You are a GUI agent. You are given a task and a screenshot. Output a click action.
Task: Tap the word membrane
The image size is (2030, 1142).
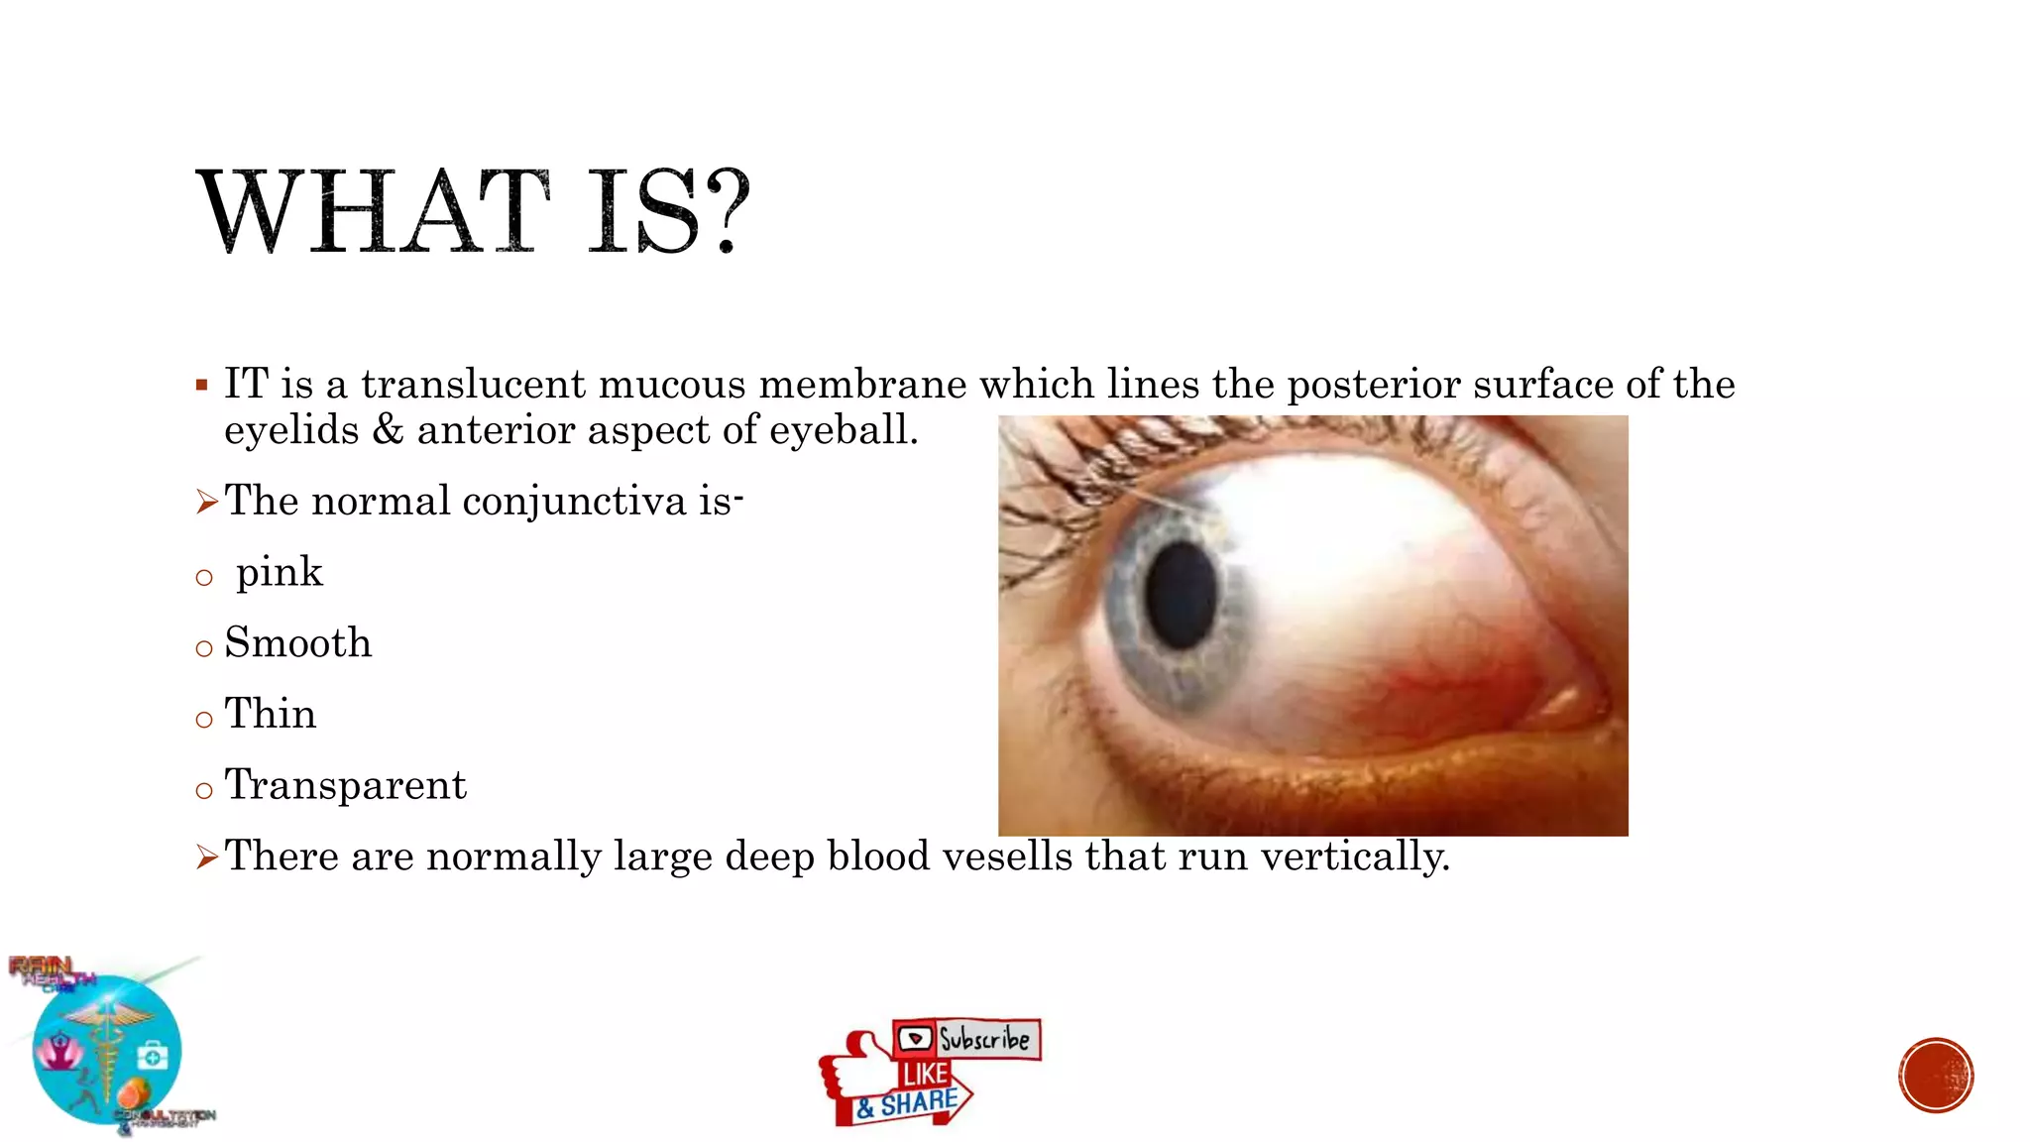862,385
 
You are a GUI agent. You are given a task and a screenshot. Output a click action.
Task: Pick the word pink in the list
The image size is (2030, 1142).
279,573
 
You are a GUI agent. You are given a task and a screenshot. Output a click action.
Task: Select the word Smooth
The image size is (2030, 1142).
297,643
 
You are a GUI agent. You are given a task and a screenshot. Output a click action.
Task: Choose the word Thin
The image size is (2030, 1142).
270,715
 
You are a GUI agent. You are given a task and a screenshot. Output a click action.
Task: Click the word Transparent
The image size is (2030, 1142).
345,785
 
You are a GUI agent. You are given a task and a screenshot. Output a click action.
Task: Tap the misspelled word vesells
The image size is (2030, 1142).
1006,856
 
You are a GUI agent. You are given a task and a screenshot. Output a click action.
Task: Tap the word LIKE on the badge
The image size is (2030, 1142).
925,1075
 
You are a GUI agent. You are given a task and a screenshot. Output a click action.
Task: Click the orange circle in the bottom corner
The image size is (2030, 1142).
1936,1076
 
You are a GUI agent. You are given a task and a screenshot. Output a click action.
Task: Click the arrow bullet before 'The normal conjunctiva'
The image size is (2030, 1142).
206,503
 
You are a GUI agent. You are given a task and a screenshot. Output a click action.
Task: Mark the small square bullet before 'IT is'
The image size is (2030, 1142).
202,385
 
